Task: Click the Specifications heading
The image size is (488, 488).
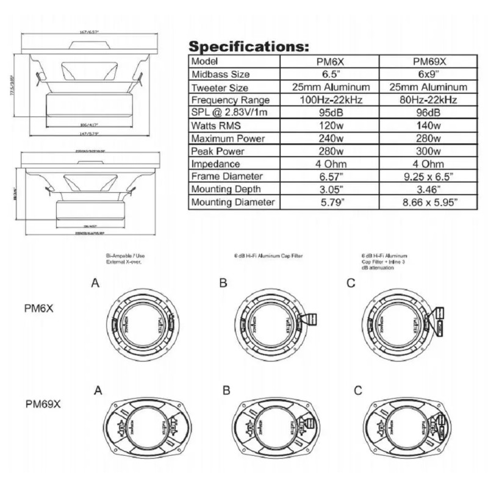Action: [249, 47]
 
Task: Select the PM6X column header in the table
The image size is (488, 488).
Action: [329, 62]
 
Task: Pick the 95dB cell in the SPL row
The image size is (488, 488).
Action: [329, 113]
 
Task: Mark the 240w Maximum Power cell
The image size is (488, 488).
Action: [329, 138]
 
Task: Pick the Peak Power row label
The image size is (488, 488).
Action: [218, 151]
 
